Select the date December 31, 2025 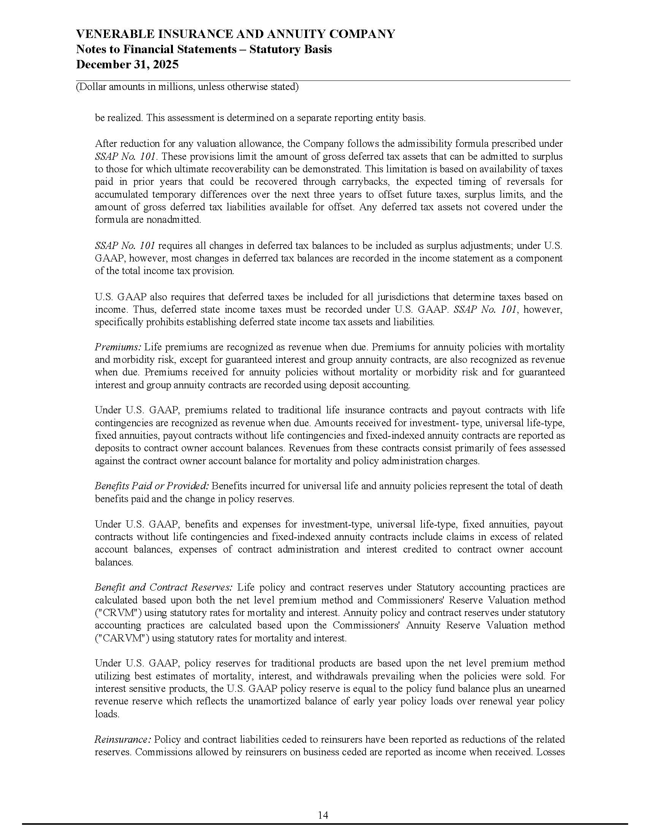coord(127,64)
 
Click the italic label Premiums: coord(118,347)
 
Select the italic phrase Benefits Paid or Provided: coord(152,486)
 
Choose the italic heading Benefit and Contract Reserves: coord(164,587)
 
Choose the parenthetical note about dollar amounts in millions coord(187,87)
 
